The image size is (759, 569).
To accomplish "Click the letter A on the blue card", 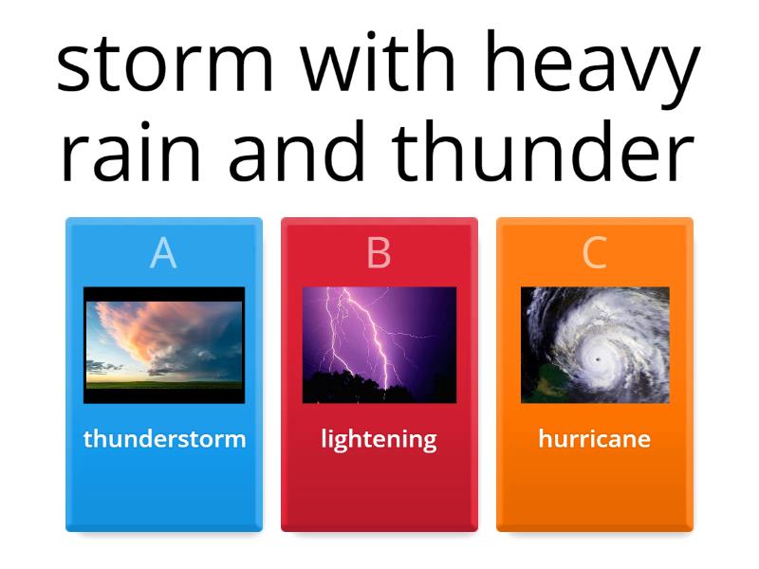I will tap(163, 253).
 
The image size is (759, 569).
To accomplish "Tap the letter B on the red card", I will tap(379, 253).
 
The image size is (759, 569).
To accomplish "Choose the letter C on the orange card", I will tap(594, 253).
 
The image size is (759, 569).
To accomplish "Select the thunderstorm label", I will tap(164, 439).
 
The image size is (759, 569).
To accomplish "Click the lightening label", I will tap(379, 439).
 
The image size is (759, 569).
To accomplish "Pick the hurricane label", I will tap(594, 439).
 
